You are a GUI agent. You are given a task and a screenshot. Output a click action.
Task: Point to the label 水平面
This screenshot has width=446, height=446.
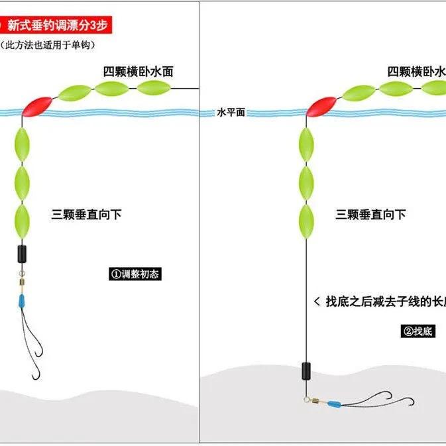click(x=231, y=113)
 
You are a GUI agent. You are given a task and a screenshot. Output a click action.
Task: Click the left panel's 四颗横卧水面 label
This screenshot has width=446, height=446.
click(x=138, y=72)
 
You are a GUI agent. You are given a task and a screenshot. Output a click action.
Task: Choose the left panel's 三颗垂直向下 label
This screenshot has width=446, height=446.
click(x=87, y=214)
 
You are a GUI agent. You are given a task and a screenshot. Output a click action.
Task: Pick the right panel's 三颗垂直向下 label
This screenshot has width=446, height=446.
click(x=370, y=214)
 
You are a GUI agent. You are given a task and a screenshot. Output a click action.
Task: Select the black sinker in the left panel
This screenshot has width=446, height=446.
click(x=22, y=253)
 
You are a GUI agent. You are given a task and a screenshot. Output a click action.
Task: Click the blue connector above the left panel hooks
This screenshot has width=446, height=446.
click(x=22, y=302)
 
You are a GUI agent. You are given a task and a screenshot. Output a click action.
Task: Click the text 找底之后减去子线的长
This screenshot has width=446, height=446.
click(x=385, y=302)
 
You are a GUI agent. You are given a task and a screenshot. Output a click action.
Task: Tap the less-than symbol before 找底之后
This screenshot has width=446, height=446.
click(x=316, y=302)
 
